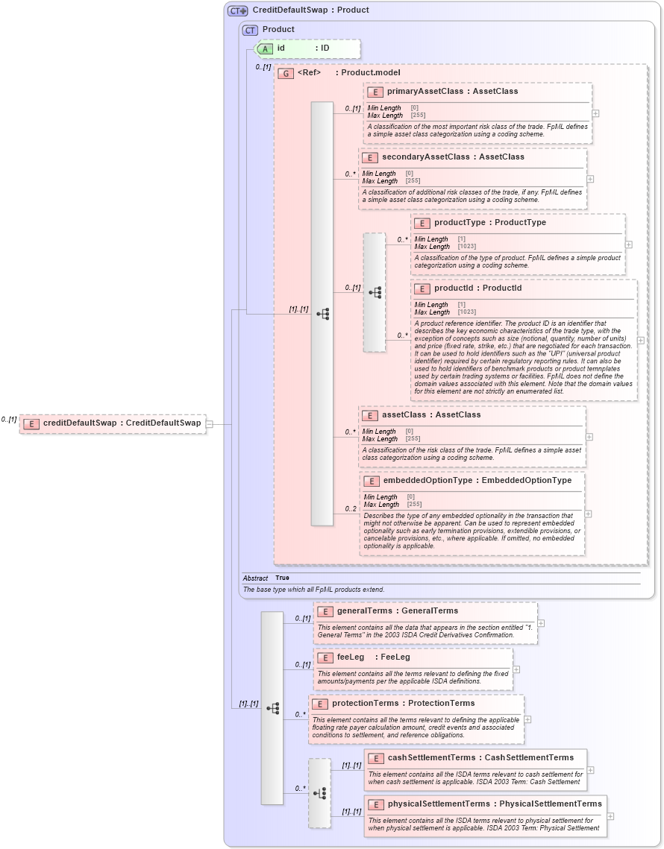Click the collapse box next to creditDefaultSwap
(210, 424)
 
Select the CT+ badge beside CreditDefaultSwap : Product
(238, 10)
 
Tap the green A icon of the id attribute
(265, 48)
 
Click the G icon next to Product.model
(285, 73)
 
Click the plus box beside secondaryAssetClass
(590, 179)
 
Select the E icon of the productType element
(422, 223)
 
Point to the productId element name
(455, 288)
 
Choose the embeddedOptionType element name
(427, 481)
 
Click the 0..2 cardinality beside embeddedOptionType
(350, 509)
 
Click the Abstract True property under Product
(282, 578)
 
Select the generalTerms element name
(364, 611)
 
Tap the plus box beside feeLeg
(516, 669)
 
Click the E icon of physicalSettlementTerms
(375, 804)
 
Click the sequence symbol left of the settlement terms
(319, 794)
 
